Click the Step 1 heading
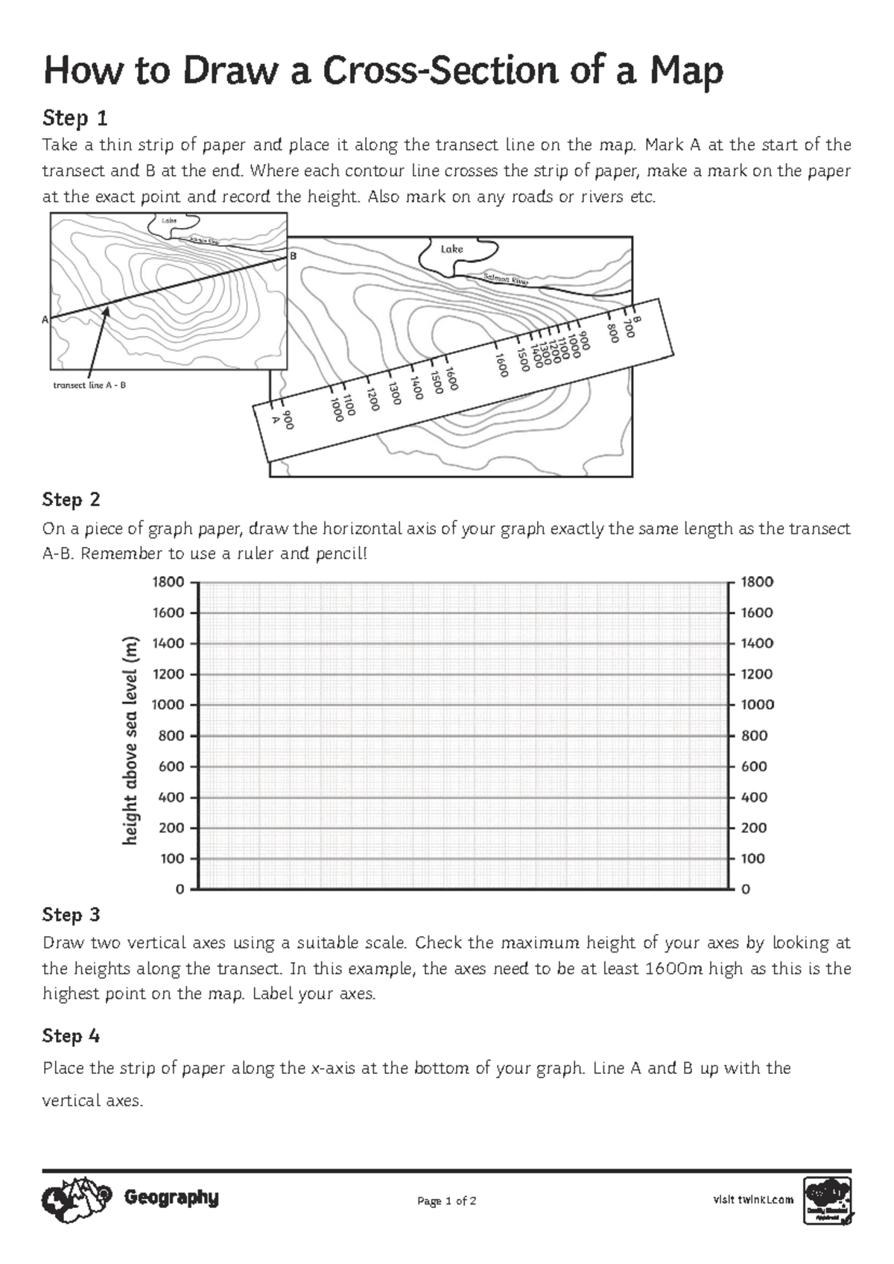tap(75, 118)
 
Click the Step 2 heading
tap(72, 499)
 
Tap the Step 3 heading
tap(72, 914)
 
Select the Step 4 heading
tap(72, 1036)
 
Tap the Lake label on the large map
tap(451, 249)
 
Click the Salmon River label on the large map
tap(506, 279)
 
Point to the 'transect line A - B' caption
tap(89, 385)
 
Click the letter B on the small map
tap(293, 256)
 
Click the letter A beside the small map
tap(45, 319)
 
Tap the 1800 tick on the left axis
tap(168, 582)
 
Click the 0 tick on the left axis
tap(180, 889)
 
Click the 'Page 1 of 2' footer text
tap(447, 1201)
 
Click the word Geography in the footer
tap(171, 1198)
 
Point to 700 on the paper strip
tap(629, 328)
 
